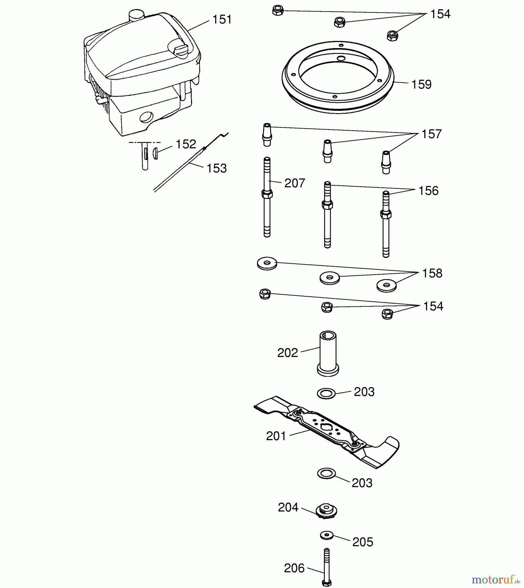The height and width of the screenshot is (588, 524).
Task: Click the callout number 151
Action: pyautogui.click(x=222, y=20)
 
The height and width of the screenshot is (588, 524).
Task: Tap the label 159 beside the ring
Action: pyautogui.click(x=421, y=85)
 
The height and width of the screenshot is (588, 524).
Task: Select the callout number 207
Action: pyautogui.click(x=295, y=183)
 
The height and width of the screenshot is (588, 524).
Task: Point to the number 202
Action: pyautogui.click(x=288, y=353)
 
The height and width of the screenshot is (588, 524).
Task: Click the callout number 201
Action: pyautogui.click(x=276, y=436)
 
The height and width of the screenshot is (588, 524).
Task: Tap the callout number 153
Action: pyautogui.click(x=217, y=169)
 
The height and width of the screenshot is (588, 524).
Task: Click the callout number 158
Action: pyautogui.click(x=432, y=273)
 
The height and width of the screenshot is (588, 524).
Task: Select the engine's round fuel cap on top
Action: pyautogui.click(x=136, y=15)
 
